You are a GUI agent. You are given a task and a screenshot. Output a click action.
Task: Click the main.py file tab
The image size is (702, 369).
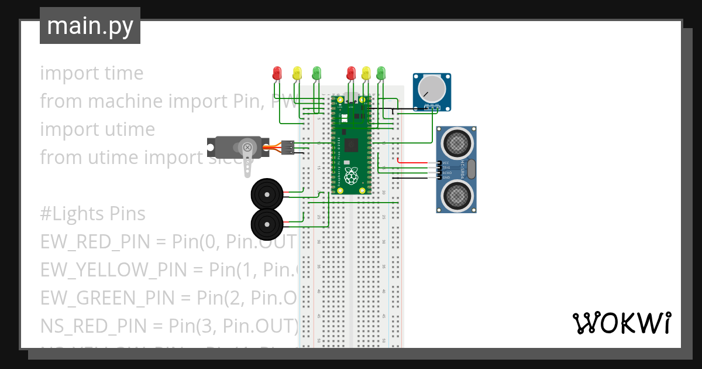pyautogui.click(x=90, y=26)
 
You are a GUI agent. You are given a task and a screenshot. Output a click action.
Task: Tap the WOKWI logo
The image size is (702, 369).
pyautogui.click(x=621, y=323)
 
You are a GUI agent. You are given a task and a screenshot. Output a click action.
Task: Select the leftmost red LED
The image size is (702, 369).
pyautogui.click(x=277, y=73)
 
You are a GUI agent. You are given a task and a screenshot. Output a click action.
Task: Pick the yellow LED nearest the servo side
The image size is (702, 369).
pyautogui.click(x=297, y=73)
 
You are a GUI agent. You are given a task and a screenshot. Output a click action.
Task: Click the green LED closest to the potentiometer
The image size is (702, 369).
pyautogui.click(x=381, y=73)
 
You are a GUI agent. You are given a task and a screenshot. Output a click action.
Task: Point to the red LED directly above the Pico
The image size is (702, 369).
pyautogui.click(x=351, y=73)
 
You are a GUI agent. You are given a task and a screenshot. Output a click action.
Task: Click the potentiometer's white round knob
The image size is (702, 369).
pyautogui.click(x=432, y=88)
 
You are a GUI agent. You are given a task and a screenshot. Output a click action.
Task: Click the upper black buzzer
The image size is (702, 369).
pyautogui.click(x=266, y=193)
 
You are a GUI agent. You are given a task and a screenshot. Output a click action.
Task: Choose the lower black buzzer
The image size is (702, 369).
pyautogui.click(x=266, y=223)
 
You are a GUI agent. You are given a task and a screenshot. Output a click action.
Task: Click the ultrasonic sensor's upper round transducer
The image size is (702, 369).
pyautogui.click(x=456, y=141)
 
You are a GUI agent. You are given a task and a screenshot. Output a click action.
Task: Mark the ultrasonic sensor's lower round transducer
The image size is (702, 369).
pyautogui.click(x=456, y=195)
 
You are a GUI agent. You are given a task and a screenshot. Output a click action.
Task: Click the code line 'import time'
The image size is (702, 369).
pyautogui.click(x=92, y=73)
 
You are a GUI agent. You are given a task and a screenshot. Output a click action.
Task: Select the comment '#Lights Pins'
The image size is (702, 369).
pyautogui.click(x=92, y=214)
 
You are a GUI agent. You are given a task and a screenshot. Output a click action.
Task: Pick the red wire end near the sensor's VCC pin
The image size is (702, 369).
pyautogui.click(x=400, y=160)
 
